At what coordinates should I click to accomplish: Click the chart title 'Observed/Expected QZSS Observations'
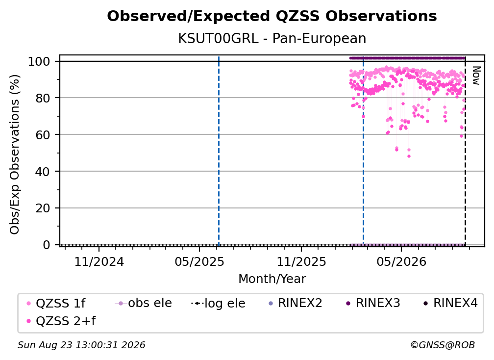pos(272,16)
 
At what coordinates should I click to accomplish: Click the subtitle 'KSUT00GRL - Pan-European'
pos(272,39)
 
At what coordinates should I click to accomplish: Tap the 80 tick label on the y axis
pos(43,98)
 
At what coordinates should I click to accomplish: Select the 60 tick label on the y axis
pos(43,134)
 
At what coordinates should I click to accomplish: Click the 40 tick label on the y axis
pos(43,172)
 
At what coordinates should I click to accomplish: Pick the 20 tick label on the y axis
pos(43,208)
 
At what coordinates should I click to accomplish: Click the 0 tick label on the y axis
pos(47,245)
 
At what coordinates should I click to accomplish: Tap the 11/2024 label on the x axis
pos(99,261)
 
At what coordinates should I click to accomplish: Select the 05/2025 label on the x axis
pos(199,261)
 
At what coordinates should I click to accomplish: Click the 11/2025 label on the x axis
pos(301,261)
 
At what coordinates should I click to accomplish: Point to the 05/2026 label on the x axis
pos(401,261)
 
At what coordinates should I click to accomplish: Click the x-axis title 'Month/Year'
pos(272,279)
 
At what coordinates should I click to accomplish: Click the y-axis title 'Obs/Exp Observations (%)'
pos(15,154)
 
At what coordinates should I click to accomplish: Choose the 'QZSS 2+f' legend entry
pos(61,321)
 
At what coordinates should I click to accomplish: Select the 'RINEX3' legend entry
pos(373,303)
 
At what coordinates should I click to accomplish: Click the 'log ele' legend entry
pos(218,303)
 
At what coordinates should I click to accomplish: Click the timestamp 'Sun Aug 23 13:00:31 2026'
pos(81,345)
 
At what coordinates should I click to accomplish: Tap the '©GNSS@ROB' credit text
pos(443,345)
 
